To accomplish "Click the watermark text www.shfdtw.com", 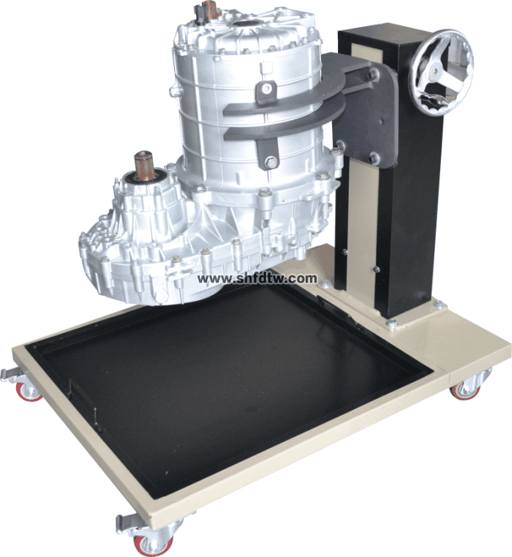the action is [257, 279].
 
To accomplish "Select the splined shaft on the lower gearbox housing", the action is [145, 164].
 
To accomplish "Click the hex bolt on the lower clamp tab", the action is [271, 163].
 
